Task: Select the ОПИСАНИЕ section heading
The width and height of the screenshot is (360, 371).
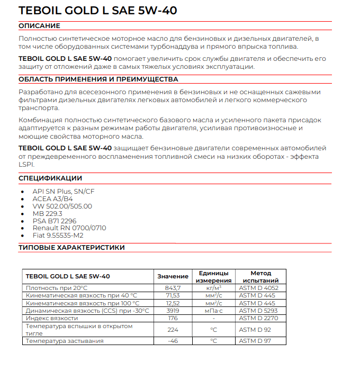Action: [x=39, y=26]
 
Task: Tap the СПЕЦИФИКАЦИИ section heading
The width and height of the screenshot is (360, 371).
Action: [x=50, y=178]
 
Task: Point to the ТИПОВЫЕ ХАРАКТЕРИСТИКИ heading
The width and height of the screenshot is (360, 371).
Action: [x=71, y=247]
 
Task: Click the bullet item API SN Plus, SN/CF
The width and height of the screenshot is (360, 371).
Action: [x=64, y=191]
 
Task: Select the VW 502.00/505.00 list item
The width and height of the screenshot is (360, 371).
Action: [x=62, y=206]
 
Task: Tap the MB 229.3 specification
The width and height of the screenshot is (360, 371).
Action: [x=47, y=213]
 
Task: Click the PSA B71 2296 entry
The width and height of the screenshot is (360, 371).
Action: [x=54, y=221]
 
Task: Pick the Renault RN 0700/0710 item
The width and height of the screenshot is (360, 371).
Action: [x=69, y=228]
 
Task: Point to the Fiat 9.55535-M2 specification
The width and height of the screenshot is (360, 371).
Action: [x=58, y=236]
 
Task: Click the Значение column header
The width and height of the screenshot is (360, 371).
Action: [x=173, y=276]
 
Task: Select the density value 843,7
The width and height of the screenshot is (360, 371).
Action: [x=173, y=288]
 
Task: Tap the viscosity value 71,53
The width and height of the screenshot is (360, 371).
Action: [x=173, y=295]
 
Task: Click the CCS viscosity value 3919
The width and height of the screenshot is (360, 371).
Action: [x=173, y=311]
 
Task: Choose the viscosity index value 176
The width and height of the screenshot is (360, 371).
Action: [x=173, y=318]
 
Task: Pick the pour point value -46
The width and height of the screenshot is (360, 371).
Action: [x=173, y=341]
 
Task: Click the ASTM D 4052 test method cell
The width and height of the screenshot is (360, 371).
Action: [x=259, y=288]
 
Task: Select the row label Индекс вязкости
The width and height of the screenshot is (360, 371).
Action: [x=52, y=318]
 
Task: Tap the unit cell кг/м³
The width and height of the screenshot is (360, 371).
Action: [x=213, y=288]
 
